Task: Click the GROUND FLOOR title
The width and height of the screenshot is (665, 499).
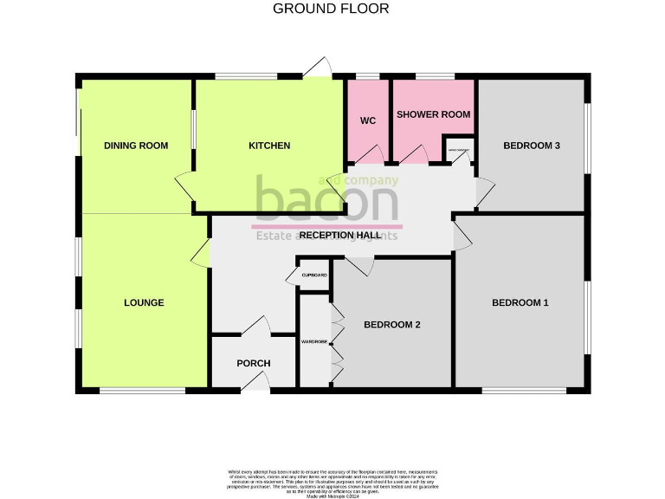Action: pos(331,9)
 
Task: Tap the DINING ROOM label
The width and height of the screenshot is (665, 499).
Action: pos(136,146)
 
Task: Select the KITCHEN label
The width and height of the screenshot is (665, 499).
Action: pos(269,146)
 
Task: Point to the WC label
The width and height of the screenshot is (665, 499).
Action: pos(368,121)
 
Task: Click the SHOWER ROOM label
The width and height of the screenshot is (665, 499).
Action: pos(433,114)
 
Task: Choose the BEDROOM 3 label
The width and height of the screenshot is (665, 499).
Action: pos(532,146)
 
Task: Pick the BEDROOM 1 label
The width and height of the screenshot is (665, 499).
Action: pos(520,303)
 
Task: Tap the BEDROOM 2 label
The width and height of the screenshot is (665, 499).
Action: pos(391,325)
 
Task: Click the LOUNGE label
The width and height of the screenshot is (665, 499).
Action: pos(144,303)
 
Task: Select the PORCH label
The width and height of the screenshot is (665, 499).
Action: pos(254,363)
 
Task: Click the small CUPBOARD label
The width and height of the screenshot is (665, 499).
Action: pos(314,275)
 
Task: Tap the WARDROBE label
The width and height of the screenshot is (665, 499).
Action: pos(313,342)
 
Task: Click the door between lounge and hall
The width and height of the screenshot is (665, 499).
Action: pos(201,254)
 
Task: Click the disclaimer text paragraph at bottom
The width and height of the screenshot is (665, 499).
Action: pos(333,481)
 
